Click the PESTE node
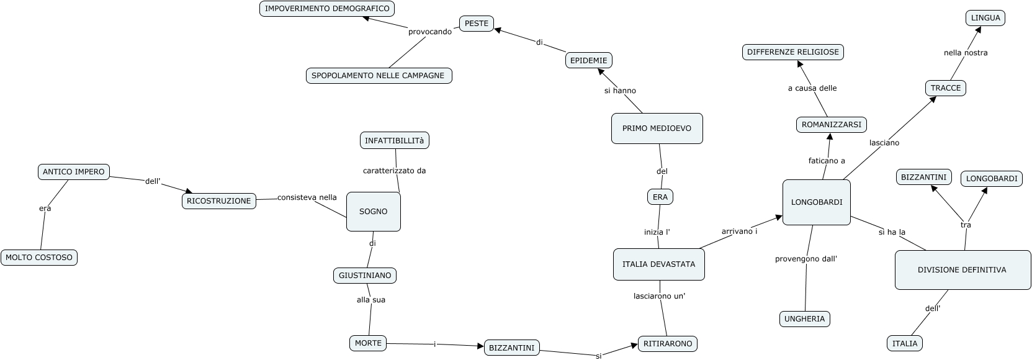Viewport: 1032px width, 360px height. [x=477, y=24]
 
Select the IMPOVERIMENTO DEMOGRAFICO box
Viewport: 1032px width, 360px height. [x=327, y=9]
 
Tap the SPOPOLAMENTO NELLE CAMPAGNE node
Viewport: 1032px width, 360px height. [x=379, y=76]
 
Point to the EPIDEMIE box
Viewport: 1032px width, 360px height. [x=589, y=60]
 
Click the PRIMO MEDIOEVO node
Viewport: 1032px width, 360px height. [x=657, y=128]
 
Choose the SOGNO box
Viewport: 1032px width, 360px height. [x=373, y=212]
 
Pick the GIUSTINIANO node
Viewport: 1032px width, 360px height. [x=365, y=275]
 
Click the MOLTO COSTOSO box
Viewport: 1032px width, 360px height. [x=39, y=258]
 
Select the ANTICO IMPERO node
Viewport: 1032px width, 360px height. [x=74, y=172]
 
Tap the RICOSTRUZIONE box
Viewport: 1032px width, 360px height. [x=219, y=201]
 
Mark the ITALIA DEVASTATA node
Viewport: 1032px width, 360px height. [x=658, y=264]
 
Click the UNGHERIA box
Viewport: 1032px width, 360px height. [x=804, y=319]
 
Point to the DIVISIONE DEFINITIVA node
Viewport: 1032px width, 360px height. [x=962, y=270]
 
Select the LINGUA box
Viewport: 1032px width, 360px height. [x=985, y=18]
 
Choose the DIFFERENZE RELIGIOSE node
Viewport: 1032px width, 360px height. [x=792, y=52]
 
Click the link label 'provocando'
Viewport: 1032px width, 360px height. [x=430, y=32]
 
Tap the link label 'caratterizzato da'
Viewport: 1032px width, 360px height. [x=394, y=171]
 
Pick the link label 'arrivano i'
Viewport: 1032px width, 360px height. [x=739, y=232]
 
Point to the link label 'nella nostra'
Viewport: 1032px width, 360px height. [x=966, y=53]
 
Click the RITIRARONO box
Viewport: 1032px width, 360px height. [x=668, y=344]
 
